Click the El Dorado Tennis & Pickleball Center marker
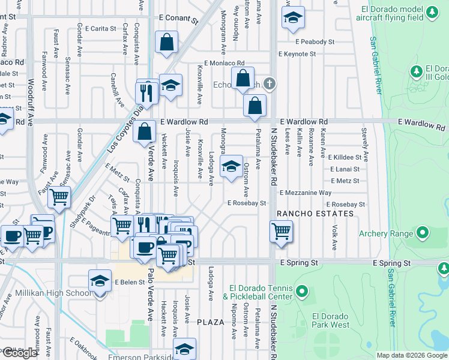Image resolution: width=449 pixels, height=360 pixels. point(303,292)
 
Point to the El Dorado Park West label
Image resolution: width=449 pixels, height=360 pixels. point(331,320)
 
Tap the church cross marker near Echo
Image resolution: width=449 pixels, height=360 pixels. point(270,83)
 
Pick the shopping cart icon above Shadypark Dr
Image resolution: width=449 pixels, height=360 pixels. point(59,197)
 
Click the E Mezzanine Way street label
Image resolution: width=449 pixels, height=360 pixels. point(306,193)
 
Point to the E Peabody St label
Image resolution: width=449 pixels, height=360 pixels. point(315,42)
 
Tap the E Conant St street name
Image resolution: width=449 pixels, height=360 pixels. point(178,18)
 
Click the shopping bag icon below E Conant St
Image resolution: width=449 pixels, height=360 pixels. point(166,43)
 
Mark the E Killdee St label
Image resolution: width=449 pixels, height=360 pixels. point(348,157)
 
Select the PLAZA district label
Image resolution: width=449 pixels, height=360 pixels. point(211,322)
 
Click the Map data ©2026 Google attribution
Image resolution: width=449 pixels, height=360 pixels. point(412,355)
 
